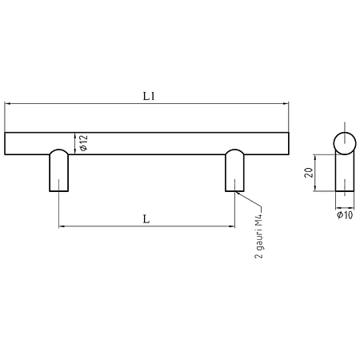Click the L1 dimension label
click(149, 96)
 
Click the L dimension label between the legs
click(146, 219)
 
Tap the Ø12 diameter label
click(83, 143)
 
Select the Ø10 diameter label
click(345, 215)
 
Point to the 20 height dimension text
click(308, 173)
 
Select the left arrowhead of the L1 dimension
click(7, 103)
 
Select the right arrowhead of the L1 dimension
click(286, 103)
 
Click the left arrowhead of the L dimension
click(62, 226)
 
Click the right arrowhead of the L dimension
click(231, 226)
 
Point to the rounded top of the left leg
click(59, 150)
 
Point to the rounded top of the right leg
click(234, 150)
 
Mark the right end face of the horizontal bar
click(289, 143)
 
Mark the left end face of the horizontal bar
click(5, 143)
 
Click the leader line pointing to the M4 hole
click(249, 199)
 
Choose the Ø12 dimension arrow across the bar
click(75, 143)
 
